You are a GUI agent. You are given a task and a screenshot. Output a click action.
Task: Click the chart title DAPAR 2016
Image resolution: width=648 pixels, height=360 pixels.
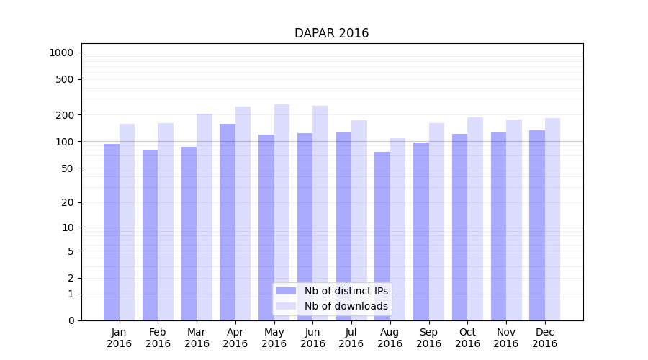coord(331,34)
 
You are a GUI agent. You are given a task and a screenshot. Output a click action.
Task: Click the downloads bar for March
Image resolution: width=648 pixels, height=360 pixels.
coord(204,217)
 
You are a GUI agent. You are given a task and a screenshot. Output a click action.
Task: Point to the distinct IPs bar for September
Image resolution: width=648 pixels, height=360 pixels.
coord(421,231)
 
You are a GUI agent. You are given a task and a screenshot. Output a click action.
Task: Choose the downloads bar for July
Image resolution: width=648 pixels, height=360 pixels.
coord(359,220)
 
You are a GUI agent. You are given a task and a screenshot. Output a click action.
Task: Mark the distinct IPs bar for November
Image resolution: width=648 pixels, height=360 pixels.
coord(498,226)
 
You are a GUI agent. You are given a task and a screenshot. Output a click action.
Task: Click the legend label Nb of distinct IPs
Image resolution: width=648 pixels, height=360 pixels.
coord(346,291)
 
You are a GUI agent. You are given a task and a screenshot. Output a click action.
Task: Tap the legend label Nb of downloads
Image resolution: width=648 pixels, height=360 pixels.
coord(346,306)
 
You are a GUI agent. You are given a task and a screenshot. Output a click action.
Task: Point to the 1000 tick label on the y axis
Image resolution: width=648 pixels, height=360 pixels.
coord(61,53)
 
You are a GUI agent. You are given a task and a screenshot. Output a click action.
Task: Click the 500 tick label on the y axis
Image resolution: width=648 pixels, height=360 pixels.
coord(66,79)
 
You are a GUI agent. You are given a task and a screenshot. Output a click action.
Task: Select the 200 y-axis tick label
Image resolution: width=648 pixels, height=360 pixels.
coord(66,115)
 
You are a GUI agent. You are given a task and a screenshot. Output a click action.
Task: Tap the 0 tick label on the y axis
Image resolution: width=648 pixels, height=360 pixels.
coord(71,320)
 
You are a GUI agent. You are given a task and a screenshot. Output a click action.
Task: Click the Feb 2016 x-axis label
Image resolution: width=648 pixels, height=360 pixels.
coord(158,338)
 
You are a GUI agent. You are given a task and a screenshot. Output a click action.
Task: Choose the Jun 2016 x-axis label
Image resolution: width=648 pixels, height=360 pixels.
coord(312,338)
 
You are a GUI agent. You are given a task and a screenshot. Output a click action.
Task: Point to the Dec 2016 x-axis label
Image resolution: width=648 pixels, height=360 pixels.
coord(544,338)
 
